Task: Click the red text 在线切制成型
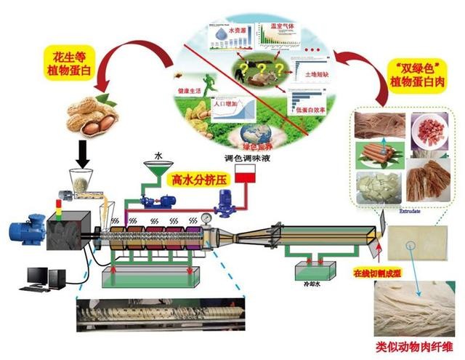tap(376, 273)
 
